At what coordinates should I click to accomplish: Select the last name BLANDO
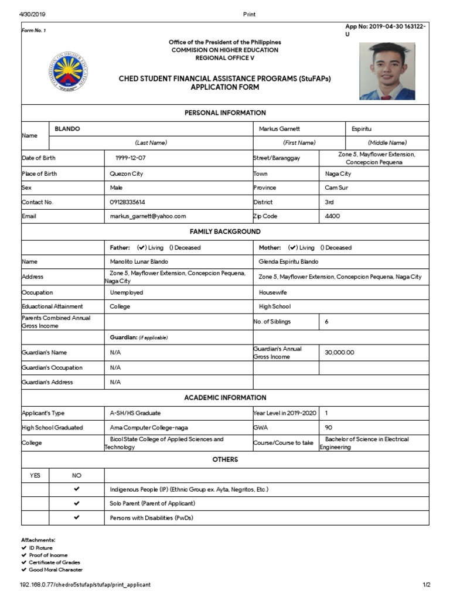click(x=67, y=128)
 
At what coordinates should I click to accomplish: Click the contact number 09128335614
click(x=128, y=202)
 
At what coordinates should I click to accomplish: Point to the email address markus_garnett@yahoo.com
click(x=148, y=216)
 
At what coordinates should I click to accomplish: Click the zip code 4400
click(x=332, y=216)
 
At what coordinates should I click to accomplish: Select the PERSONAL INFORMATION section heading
click(x=225, y=112)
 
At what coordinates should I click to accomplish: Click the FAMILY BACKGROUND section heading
click(x=225, y=232)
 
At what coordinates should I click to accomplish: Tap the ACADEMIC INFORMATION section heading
click(x=225, y=397)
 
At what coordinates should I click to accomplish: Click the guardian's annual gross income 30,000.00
click(x=340, y=353)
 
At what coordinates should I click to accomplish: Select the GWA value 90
click(x=329, y=428)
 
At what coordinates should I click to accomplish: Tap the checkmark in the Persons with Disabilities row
click(x=76, y=518)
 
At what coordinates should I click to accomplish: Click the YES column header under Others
click(x=35, y=475)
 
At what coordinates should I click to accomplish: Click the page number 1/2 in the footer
click(x=427, y=585)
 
